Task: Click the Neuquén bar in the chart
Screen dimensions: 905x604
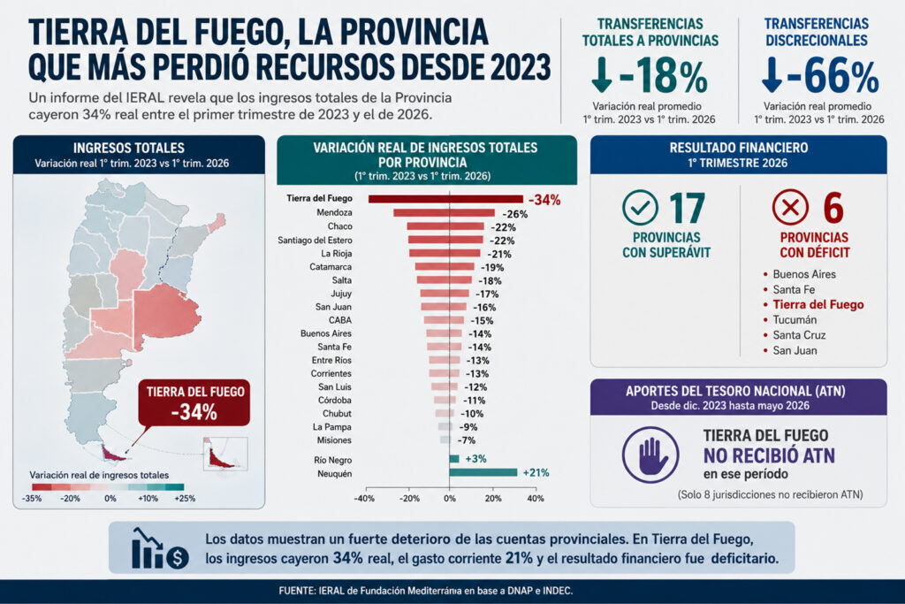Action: tap(483, 472)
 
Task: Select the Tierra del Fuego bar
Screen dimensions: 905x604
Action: tap(445, 199)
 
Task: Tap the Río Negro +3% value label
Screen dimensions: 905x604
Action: tap(475, 458)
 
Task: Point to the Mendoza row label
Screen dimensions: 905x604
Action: tap(334, 212)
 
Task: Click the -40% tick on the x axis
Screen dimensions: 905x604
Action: tap(364, 498)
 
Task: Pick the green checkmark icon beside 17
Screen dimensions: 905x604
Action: tap(640, 207)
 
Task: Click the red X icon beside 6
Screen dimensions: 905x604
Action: tap(790, 207)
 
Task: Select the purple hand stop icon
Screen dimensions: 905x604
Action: tap(650, 455)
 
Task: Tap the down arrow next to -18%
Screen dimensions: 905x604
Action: tap(601, 74)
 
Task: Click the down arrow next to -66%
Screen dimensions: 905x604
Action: tap(772, 74)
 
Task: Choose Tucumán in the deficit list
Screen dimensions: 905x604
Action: tap(795, 319)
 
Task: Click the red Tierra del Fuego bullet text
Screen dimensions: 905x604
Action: tap(818, 304)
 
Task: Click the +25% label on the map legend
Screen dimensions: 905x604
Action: tap(185, 498)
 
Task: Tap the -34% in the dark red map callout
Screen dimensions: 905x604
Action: tap(194, 412)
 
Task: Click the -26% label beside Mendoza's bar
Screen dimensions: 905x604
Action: tap(515, 214)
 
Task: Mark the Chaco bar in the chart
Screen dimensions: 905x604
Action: tap(445, 226)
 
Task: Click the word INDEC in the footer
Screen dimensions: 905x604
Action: tap(557, 591)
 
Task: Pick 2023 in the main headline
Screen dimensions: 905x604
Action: tap(521, 67)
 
